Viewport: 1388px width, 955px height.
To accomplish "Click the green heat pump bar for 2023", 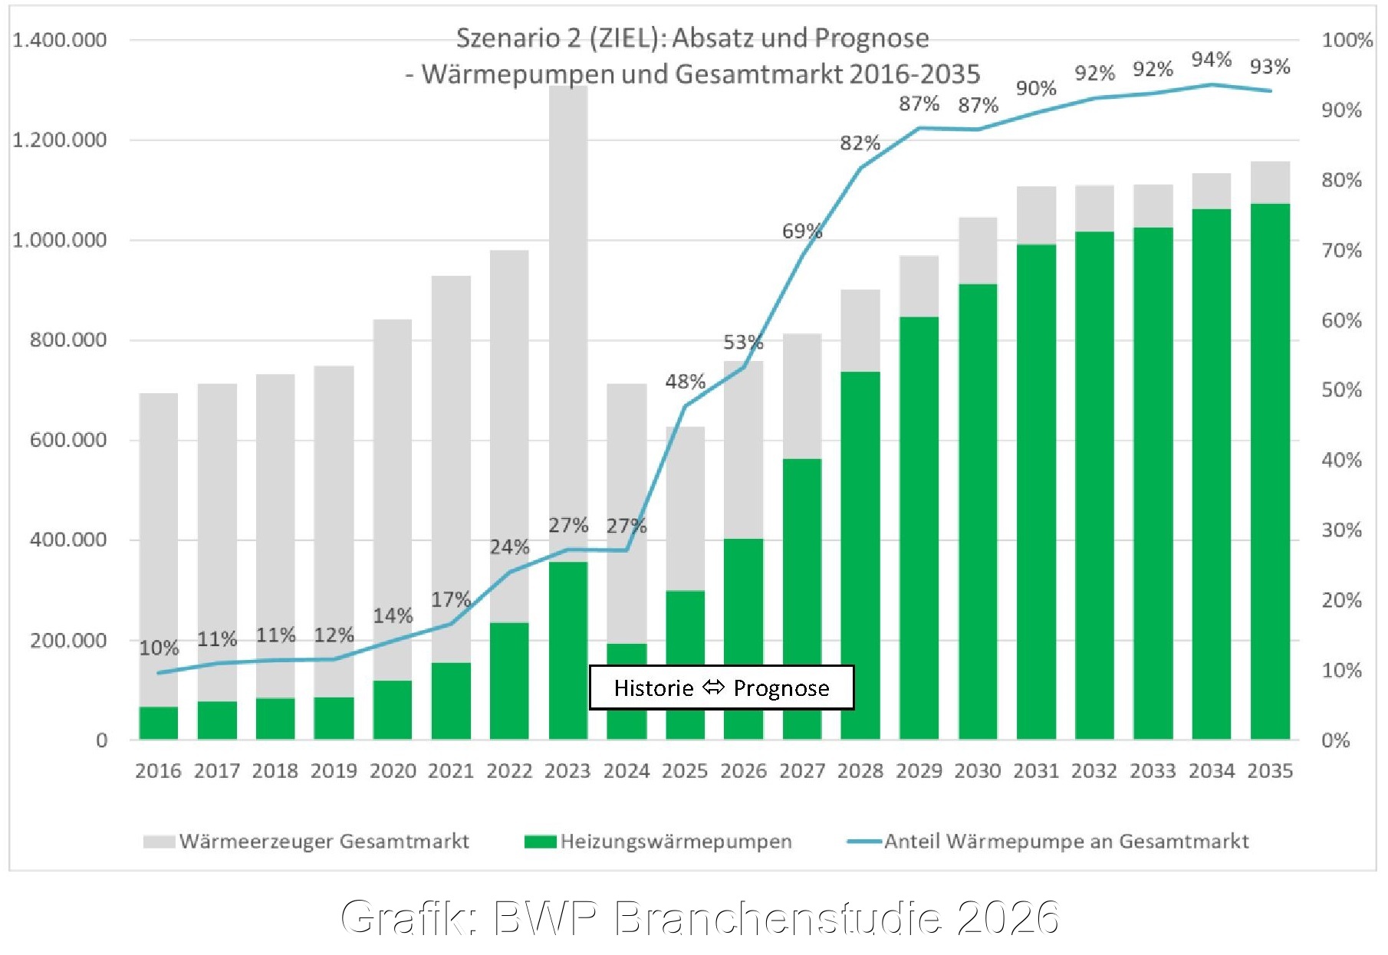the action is tap(568, 651).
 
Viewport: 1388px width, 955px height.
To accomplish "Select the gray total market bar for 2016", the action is tap(159, 550).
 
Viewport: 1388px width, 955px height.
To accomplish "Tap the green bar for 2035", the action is tap(1270, 471).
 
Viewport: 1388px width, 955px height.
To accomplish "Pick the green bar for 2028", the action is tap(860, 556).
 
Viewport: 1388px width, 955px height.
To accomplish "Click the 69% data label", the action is tap(802, 231).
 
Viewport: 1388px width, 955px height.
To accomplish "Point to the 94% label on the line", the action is tap(1212, 59).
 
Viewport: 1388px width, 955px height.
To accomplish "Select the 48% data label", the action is tap(685, 381).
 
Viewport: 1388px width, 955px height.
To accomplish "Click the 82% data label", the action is tap(860, 143).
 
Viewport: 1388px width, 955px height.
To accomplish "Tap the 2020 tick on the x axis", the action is tap(393, 770).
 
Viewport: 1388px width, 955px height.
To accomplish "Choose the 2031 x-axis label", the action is tap(1036, 770).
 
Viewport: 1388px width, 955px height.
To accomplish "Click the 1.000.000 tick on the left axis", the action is tap(60, 240).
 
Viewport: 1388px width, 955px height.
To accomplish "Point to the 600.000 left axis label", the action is tap(68, 440).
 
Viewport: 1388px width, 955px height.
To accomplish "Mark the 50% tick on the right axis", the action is tap(1341, 389).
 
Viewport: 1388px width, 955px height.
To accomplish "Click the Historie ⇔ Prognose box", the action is tap(722, 688).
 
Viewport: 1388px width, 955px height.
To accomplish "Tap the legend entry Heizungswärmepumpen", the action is tap(658, 841).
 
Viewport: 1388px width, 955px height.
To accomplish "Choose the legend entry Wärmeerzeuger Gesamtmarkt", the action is tap(306, 841).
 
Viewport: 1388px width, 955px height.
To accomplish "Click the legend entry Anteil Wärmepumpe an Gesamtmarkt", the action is tap(1048, 841).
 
